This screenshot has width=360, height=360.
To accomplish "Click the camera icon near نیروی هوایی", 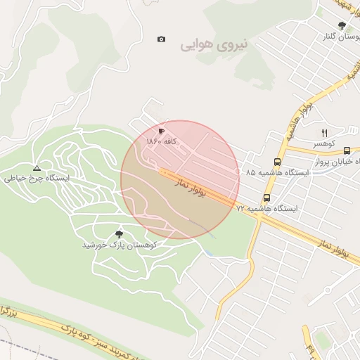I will click(x=162, y=39).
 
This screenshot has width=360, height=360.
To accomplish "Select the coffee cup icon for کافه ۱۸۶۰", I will click(x=161, y=131).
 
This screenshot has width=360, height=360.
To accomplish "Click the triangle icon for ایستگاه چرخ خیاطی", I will click(x=37, y=169).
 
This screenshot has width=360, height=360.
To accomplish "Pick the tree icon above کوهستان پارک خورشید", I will click(x=117, y=234).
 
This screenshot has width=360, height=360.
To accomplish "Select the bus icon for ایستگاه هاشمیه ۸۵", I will click(x=276, y=161).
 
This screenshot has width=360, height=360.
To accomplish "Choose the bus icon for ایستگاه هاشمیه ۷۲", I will click(x=266, y=198).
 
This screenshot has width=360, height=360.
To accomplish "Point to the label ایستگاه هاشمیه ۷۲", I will click(x=267, y=209).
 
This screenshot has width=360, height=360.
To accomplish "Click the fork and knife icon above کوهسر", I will click(x=324, y=133).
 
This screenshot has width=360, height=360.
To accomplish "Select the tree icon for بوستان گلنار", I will click(x=342, y=25).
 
